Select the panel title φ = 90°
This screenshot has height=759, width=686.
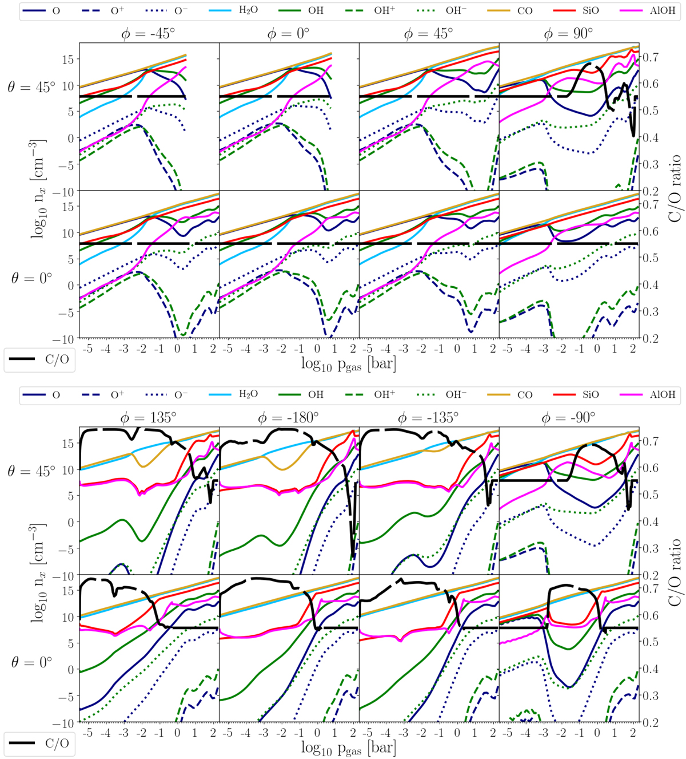coord(569,34)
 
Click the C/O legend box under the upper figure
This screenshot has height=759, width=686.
coord(39,359)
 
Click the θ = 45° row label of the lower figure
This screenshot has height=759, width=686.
coord(31,472)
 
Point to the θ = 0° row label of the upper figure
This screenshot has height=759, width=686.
coord(31,278)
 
